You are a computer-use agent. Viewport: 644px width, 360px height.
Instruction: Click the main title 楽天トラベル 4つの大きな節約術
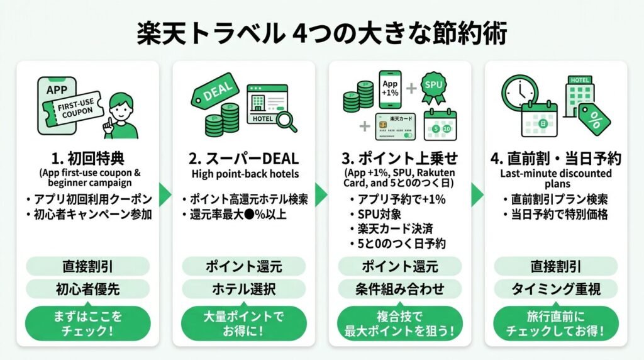[321, 34]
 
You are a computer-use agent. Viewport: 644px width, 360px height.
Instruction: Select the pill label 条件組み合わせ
[400, 289]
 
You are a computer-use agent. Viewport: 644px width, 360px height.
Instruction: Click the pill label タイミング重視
[555, 289]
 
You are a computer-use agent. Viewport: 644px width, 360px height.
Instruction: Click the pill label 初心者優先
[87, 289]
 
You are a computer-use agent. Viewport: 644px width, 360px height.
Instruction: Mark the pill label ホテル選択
[244, 289]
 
